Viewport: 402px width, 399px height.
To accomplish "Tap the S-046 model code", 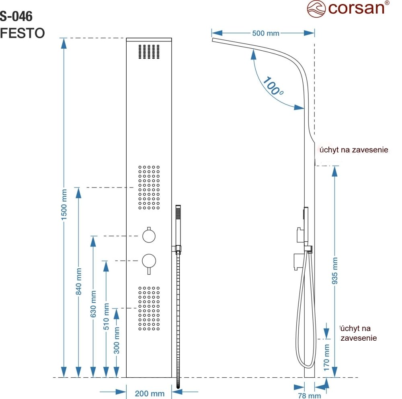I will (x=16, y=16).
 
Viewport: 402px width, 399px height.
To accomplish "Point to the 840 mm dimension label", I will (x=79, y=282).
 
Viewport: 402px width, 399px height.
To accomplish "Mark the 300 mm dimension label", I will (x=117, y=340).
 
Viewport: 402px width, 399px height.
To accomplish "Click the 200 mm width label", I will (x=150, y=393).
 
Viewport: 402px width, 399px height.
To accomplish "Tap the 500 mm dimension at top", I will (x=265, y=33).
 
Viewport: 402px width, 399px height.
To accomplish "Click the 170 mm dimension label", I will (x=326, y=357).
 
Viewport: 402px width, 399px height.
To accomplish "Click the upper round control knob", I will (x=150, y=235).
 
